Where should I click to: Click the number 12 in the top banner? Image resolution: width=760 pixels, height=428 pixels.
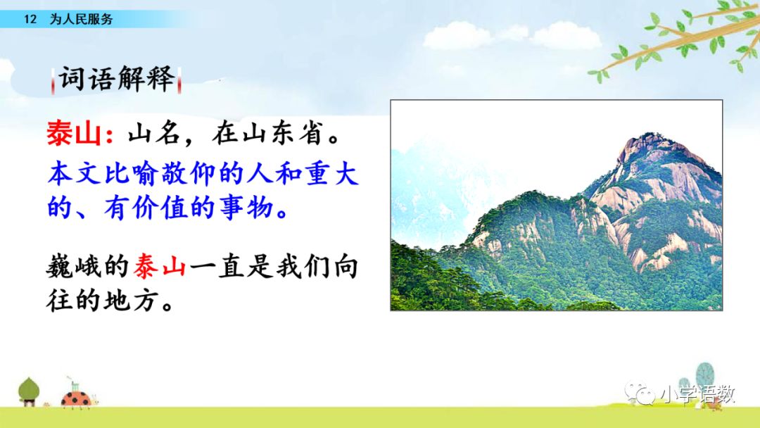30,20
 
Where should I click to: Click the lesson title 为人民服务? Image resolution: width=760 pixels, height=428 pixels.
81,20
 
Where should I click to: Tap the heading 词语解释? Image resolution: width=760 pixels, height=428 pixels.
116,79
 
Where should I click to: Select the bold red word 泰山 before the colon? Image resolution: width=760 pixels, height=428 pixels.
74,133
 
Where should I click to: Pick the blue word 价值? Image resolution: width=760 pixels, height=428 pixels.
160,208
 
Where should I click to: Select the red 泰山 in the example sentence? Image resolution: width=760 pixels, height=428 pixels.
160,267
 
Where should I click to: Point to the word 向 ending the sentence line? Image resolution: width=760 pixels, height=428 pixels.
345,267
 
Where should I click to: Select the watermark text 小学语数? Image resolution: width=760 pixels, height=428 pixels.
698,394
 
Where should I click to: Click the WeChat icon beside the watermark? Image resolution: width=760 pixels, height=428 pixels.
640,394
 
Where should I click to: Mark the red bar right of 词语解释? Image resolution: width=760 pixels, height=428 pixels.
179,80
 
